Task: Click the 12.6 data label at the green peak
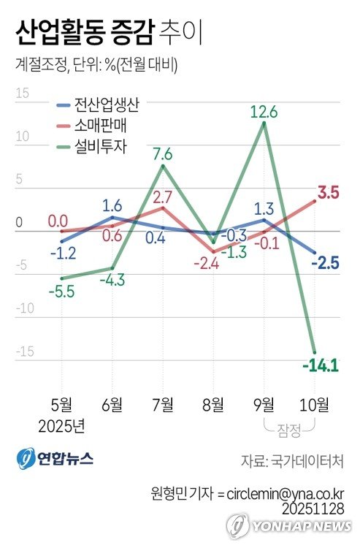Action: (x=264, y=112)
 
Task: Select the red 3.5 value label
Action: (x=329, y=194)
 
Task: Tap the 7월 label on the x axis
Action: (x=162, y=404)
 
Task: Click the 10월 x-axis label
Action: (x=315, y=404)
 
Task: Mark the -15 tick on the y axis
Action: (x=24, y=352)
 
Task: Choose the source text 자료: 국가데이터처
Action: (x=293, y=463)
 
